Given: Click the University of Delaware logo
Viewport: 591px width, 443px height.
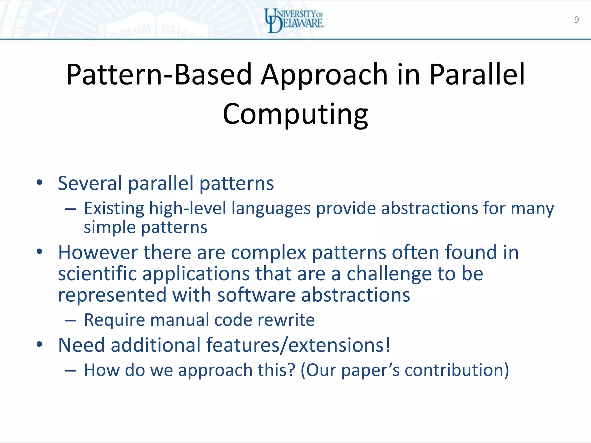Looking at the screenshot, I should pyautogui.click(x=294, y=20).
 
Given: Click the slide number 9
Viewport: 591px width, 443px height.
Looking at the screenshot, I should pyautogui.click(x=576, y=20).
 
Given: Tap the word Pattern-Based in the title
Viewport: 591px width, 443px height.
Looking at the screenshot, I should pyautogui.click(x=159, y=75).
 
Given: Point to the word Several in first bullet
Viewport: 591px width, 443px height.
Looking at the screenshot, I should pyautogui.click(x=90, y=183).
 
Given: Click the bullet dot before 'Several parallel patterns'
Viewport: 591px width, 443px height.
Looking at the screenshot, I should pyautogui.click(x=40, y=182).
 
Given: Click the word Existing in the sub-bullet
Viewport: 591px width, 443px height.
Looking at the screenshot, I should pyautogui.click(x=114, y=208).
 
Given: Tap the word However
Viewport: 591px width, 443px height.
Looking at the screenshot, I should pyautogui.click(x=98, y=252).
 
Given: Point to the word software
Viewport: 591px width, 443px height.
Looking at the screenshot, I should pyautogui.click(x=256, y=295).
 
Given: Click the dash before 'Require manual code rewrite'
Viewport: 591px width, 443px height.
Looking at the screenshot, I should pyautogui.click(x=70, y=320).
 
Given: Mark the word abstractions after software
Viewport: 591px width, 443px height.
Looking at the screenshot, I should pyautogui.click(x=356, y=295).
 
